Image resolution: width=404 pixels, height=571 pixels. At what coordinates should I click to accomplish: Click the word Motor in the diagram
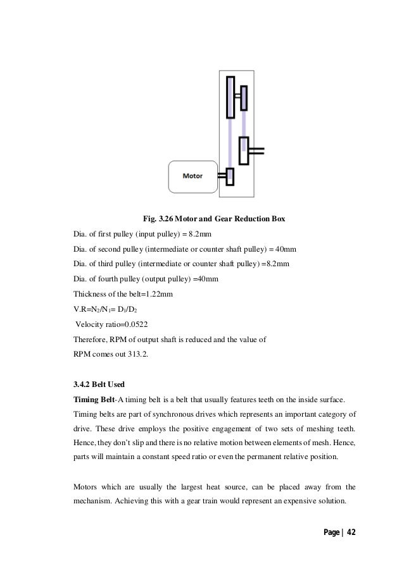coord(193,176)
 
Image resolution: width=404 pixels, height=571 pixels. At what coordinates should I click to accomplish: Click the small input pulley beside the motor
coord(230,176)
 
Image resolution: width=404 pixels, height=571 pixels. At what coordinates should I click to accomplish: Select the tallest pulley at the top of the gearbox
coord(230,97)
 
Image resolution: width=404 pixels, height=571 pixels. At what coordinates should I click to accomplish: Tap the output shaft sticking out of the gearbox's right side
coord(256,150)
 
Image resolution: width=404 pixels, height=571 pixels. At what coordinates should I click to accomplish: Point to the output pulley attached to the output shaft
coord(243,150)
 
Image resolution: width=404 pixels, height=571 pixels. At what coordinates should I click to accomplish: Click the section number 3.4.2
coord(84,384)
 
